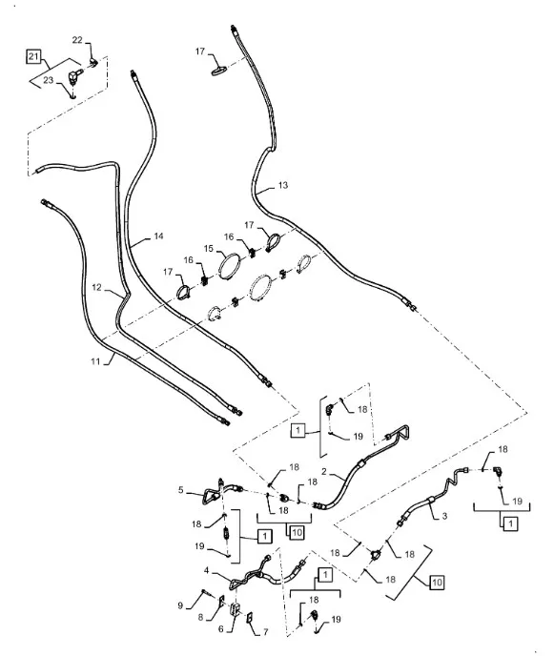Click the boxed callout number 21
coord(33,55)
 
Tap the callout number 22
coord(77,40)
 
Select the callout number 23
coord(49,80)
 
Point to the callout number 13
coord(283,185)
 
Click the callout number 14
coord(158,236)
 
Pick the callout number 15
coord(209,249)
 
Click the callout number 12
coord(96,287)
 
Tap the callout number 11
coord(95,360)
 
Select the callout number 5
coord(181,490)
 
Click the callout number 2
coord(324,472)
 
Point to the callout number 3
coord(444,516)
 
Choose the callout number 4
coord(207,570)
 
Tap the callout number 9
coord(180,605)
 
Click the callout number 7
coord(265,632)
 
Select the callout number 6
coord(221,628)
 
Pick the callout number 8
coord(200,617)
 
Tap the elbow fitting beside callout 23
coord(73,78)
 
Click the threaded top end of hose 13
coord(233,30)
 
